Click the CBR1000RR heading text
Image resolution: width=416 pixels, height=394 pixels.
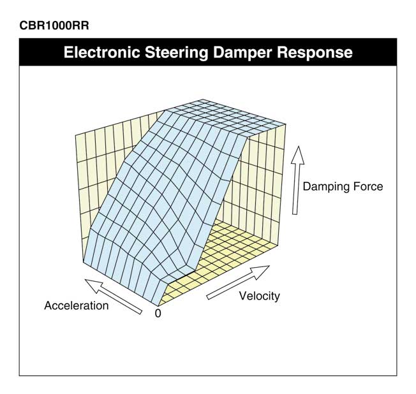(54, 26)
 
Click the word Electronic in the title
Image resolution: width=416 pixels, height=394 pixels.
(101, 52)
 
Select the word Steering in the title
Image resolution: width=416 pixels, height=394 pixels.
(177, 52)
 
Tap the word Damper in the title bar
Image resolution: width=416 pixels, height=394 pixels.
(242, 52)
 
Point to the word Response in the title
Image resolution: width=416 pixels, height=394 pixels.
(315, 52)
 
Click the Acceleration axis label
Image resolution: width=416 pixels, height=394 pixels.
(77, 305)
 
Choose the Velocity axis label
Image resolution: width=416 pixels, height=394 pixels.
(260, 296)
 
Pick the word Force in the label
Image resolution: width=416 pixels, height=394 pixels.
(368, 186)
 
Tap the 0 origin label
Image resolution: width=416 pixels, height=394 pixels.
(158, 314)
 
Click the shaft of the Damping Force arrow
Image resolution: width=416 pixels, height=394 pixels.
(295, 189)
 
